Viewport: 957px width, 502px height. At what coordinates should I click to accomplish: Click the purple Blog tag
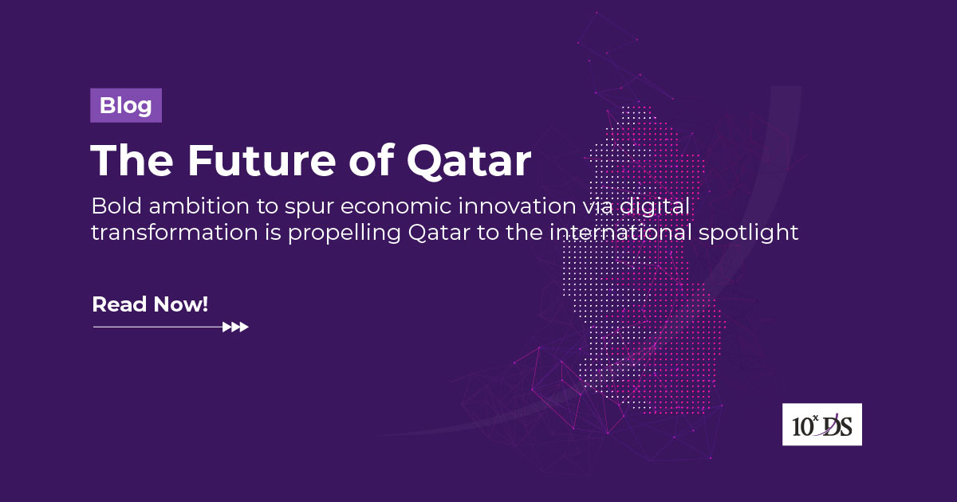(126, 106)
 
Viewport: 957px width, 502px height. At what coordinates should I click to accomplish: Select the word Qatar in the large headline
(469, 161)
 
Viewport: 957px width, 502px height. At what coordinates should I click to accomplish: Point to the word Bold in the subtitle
(113, 206)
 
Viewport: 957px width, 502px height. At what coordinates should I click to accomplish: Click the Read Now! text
(150, 304)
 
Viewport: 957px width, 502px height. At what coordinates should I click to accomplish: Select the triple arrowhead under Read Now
(236, 327)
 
